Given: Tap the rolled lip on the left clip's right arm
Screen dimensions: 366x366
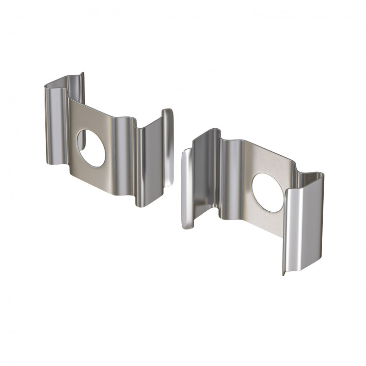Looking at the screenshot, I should tap(168, 147).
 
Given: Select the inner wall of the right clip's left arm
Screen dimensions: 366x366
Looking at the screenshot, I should tap(204, 182).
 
